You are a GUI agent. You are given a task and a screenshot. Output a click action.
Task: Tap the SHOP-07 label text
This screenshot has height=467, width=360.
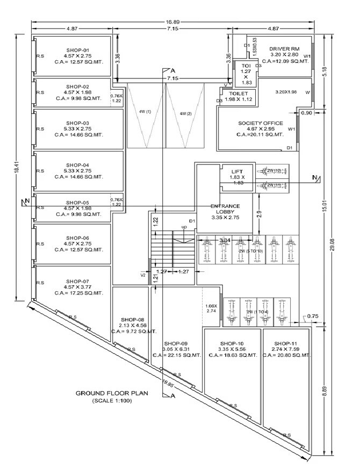click(x=78, y=281)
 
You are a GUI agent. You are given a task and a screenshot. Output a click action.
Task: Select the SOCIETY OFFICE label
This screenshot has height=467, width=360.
click(x=260, y=123)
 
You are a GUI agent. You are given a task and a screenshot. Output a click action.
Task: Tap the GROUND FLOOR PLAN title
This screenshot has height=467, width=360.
click(x=111, y=393)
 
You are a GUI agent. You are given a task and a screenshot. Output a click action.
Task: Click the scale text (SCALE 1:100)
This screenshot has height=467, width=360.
click(x=112, y=401)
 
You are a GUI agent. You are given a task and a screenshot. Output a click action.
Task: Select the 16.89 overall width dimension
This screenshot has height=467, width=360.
click(x=172, y=23)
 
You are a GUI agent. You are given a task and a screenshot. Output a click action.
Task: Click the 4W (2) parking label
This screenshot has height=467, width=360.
click(x=185, y=113)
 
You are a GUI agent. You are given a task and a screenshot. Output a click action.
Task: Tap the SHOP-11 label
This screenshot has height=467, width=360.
click(x=285, y=343)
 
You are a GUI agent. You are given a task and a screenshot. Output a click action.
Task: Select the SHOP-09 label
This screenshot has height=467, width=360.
click(x=176, y=343)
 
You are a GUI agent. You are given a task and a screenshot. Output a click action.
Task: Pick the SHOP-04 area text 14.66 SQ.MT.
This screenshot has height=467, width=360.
click(x=84, y=176)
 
